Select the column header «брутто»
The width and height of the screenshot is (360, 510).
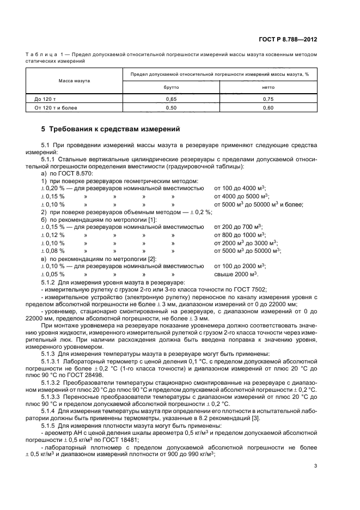(172, 87)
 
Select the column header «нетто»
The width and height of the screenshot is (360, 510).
(268, 87)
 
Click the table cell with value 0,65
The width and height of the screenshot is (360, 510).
(172, 99)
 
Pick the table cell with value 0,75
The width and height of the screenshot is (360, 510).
(268, 99)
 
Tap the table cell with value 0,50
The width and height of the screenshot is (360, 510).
(172, 108)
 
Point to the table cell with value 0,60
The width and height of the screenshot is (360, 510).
(268, 108)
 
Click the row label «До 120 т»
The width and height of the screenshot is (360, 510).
(46, 99)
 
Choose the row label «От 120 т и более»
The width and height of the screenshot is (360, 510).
(56, 108)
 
